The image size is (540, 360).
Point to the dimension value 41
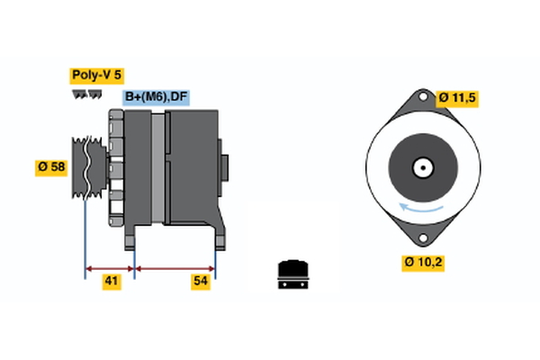click(111, 282)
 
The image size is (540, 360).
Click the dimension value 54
click(202, 282)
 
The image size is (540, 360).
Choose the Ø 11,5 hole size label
click(458, 97)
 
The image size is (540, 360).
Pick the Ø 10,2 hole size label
click(424, 262)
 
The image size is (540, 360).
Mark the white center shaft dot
click(421, 167)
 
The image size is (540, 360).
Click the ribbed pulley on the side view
click(86, 166)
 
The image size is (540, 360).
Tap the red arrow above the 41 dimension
click(110, 267)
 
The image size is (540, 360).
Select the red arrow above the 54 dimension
click(175, 267)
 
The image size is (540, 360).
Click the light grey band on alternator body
click(158, 168)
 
